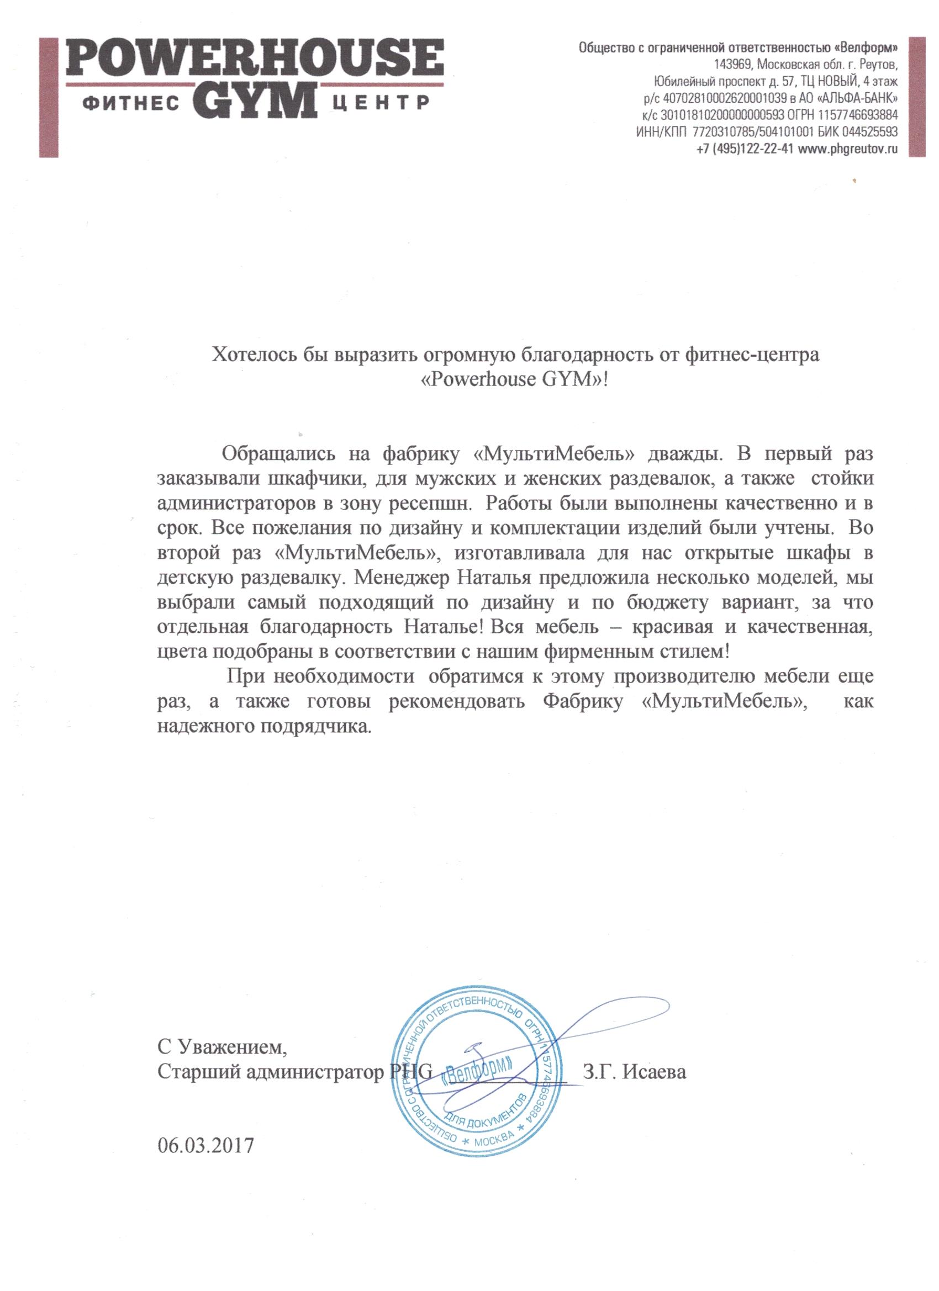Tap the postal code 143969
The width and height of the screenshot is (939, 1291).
[733, 63]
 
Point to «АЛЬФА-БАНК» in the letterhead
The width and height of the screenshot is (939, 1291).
[859, 98]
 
